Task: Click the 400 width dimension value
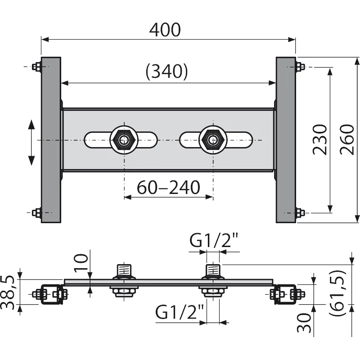pos(165,30)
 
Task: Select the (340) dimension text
pos(166,72)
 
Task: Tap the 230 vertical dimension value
pos(320,139)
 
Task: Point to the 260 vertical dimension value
pos(347,139)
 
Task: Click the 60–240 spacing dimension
pos(169,188)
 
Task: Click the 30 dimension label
pos(305,323)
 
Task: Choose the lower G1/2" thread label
pos(180,312)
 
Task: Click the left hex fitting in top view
pos(123,140)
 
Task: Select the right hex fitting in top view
pos(212,140)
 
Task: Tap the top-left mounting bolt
pos(36,67)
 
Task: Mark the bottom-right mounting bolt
pos(299,212)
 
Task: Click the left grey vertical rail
pos(51,139)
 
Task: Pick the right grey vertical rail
pos(286,139)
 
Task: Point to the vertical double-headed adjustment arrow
pos(31,142)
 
